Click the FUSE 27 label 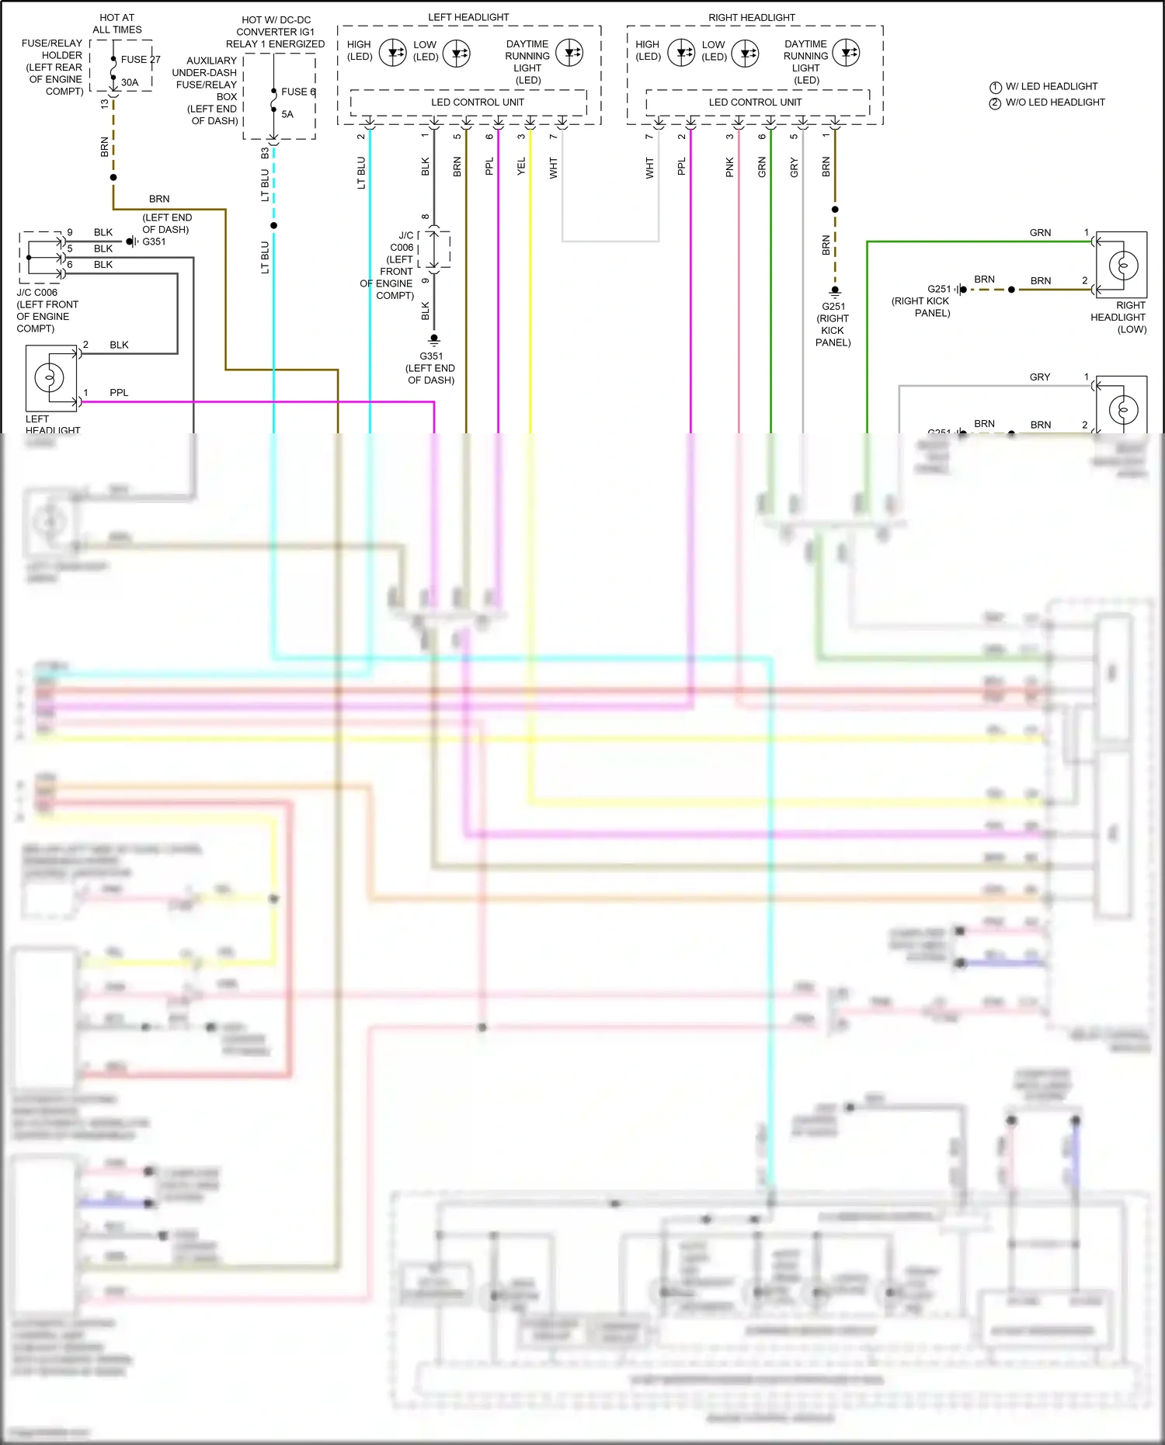click(x=140, y=59)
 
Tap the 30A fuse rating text click(x=130, y=82)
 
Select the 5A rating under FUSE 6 click(x=287, y=114)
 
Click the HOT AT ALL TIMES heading click(x=117, y=23)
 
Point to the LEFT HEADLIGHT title click(x=468, y=17)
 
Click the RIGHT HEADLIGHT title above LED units click(x=751, y=17)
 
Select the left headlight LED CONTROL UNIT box click(x=468, y=102)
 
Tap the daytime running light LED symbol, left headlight click(x=571, y=54)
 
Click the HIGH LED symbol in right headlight click(x=681, y=54)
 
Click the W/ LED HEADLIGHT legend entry click(x=1051, y=86)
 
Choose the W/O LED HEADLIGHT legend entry click(x=1054, y=102)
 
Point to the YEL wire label click(x=521, y=165)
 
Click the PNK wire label click(x=729, y=167)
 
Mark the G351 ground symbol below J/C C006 click(x=434, y=339)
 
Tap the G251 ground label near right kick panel click(x=833, y=306)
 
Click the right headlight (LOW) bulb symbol click(x=1122, y=266)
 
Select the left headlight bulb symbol click(x=50, y=378)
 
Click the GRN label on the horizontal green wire click(x=1040, y=232)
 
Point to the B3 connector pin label click(x=265, y=153)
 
